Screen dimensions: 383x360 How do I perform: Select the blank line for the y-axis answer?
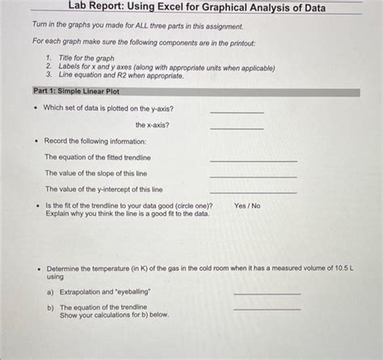237,112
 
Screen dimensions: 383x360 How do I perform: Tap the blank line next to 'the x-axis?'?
237,128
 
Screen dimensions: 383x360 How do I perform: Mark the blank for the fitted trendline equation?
253,160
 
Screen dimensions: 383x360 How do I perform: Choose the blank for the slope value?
253,176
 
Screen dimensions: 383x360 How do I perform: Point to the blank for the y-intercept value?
253,192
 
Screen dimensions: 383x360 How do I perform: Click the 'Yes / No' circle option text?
247,205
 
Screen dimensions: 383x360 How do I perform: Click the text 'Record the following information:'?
95,141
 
